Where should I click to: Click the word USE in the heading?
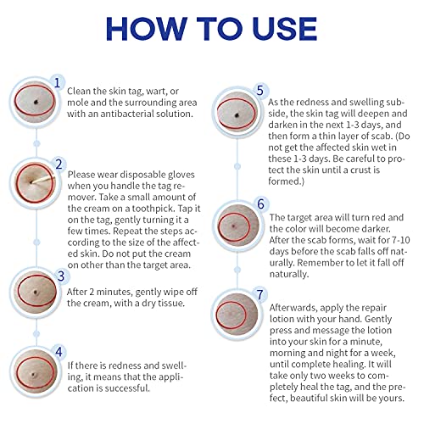tap(285, 29)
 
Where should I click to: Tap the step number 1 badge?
tap(58, 83)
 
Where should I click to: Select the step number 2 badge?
tap(59, 165)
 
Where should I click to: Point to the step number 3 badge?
tap(60, 276)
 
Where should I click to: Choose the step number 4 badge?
tap(59, 352)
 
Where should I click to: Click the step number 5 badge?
tap(259, 91)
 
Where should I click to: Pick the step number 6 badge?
tap(260, 204)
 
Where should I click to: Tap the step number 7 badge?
tap(259, 294)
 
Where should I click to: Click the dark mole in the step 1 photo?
tap(36, 102)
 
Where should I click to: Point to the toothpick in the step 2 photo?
tap(43, 179)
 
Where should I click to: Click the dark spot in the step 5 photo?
tap(237, 115)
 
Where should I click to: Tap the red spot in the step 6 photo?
tap(234, 226)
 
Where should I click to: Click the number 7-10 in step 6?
tap(399, 240)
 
